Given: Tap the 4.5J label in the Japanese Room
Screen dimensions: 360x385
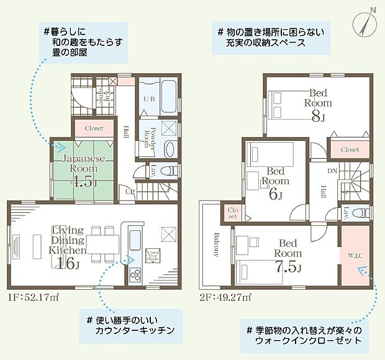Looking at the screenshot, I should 84,182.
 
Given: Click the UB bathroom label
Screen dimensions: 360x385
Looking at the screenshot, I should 149,99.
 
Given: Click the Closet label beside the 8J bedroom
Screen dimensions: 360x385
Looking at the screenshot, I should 350,150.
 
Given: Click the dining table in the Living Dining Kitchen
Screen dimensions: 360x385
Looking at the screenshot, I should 103,244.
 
